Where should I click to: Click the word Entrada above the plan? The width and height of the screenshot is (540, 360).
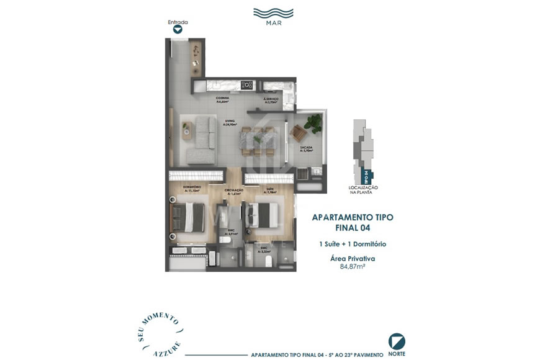pyautogui.click(x=178, y=22)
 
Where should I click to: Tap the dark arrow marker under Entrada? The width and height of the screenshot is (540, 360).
pyautogui.click(x=178, y=29)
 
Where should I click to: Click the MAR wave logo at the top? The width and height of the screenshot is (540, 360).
pyautogui.click(x=274, y=13)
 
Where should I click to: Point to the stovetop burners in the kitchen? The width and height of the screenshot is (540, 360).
pyautogui.click(x=246, y=85)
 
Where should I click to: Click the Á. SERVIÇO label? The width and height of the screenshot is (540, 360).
pyautogui.click(x=270, y=100)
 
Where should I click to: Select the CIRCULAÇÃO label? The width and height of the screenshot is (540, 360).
pyautogui.click(x=234, y=191)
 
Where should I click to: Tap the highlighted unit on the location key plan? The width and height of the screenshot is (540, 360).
pyautogui.click(x=366, y=176)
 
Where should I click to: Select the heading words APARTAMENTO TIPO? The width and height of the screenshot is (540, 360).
pyautogui.click(x=353, y=217)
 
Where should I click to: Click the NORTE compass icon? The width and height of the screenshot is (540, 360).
pyautogui.click(x=397, y=341)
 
